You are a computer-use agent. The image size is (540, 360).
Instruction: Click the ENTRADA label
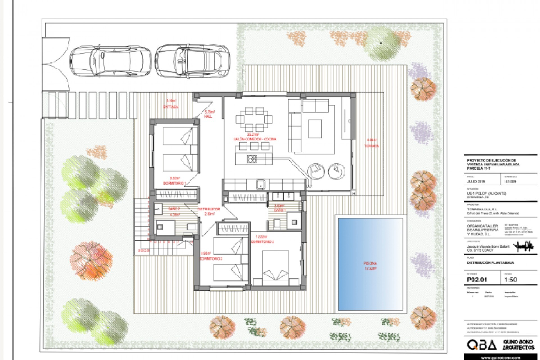170,107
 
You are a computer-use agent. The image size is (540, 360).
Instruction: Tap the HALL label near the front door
208,116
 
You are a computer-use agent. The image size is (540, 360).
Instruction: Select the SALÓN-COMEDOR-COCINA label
255,139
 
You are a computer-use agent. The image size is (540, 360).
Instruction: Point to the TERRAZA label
372,146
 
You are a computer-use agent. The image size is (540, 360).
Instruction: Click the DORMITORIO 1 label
175,183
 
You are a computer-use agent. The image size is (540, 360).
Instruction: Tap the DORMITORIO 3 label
211,258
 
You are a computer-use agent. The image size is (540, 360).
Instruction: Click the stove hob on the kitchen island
252,159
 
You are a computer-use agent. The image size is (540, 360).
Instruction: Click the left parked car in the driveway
110,61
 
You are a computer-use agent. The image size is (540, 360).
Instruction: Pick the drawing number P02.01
477,280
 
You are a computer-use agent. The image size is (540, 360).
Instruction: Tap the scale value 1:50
510,280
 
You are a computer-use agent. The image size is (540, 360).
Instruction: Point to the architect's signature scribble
524,247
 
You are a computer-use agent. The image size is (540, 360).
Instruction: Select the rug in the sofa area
315,128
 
